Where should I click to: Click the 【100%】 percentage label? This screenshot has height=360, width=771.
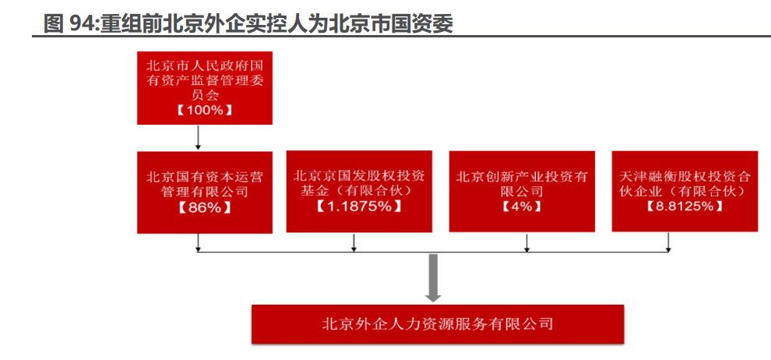click(x=204, y=110)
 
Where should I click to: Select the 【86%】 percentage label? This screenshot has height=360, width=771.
click(x=204, y=208)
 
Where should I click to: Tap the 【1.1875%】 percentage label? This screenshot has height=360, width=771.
click(x=359, y=206)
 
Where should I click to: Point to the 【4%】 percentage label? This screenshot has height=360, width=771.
click(x=521, y=206)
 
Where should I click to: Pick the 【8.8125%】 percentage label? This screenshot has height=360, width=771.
click(x=685, y=206)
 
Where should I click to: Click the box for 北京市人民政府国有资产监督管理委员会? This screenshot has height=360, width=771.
click(x=204, y=87)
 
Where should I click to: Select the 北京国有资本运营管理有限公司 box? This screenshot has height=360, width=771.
click(x=204, y=192)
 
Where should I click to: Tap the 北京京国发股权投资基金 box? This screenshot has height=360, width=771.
click(x=359, y=191)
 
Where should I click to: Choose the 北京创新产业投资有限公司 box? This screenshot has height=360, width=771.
click(x=523, y=191)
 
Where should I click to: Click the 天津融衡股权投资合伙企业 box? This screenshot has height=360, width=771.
click(x=685, y=191)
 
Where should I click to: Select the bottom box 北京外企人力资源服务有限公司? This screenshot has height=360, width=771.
click(x=437, y=323)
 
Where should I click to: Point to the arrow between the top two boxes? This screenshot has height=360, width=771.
click(x=199, y=137)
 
